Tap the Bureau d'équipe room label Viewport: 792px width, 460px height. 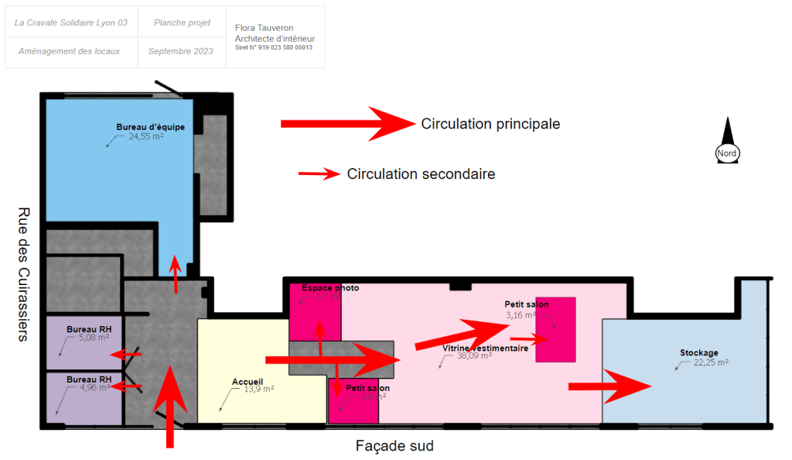[150, 127]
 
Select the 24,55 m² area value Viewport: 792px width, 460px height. [145, 136]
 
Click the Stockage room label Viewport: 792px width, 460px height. [698, 353]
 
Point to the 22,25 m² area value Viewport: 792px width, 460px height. [712, 362]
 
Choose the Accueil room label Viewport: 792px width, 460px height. [247, 382]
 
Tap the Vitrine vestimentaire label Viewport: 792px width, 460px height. [485, 348]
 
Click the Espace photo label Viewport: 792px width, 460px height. [330, 288]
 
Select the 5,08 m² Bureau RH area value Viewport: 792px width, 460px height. [94, 338]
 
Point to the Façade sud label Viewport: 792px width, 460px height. [394, 446]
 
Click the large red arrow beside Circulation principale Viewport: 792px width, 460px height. [347, 124]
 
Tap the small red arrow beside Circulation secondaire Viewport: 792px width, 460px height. [319, 174]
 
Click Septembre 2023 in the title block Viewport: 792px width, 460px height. [180, 51]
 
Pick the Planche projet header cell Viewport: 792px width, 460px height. [182, 23]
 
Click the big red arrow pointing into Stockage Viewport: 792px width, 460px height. [611, 386]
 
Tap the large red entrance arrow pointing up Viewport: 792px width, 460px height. [169, 407]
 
